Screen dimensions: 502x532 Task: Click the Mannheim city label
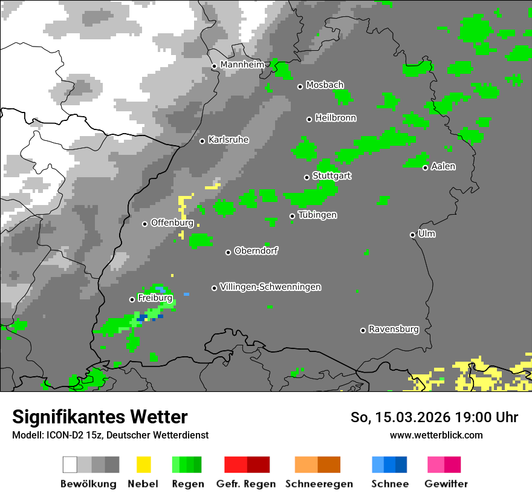(242, 65)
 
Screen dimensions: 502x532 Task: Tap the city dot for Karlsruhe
(203, 141)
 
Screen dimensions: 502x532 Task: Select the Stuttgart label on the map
(332, 176)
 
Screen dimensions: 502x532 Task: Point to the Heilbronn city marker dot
(309, 119)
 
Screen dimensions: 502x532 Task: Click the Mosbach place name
(325, 85)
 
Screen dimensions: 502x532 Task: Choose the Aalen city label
(443, 166)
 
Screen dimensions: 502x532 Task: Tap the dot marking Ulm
(413, 235)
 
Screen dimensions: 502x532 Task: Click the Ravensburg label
(394, 330)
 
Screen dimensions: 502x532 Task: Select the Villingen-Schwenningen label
(270, 287)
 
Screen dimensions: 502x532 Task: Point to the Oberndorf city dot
(228, 252)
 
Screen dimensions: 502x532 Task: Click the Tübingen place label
(317, 215)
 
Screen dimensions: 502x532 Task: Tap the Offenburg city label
(172, 223)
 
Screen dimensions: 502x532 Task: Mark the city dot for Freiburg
(132, 299)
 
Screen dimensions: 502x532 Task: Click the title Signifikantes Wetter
(100, 417)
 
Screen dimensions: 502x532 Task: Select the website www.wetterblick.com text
(436, 435)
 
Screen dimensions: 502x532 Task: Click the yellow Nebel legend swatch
(143, 465)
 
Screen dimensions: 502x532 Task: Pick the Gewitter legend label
(446, 484)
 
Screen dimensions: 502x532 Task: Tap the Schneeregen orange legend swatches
(317, 465)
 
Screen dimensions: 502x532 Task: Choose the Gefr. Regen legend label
(246, 484)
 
